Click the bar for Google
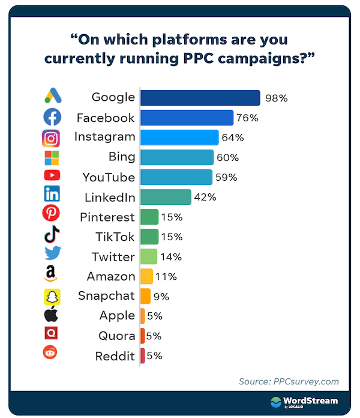tap(200, 98)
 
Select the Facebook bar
tap(187, 118)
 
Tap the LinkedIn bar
tap(166, 197)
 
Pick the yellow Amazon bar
tap(146, 276)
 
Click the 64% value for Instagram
tap(233, 138)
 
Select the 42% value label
tap(205, 197)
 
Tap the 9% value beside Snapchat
tap(161, 296)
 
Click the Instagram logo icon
tap(52, 138)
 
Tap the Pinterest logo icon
tap(52, 213)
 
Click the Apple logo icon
tap(52, 314)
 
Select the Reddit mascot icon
tap(52, 353)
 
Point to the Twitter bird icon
tap(52, 253)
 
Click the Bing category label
tap(121, 157)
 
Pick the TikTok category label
tap(115, 237)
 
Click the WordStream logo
tap(304, 402)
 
